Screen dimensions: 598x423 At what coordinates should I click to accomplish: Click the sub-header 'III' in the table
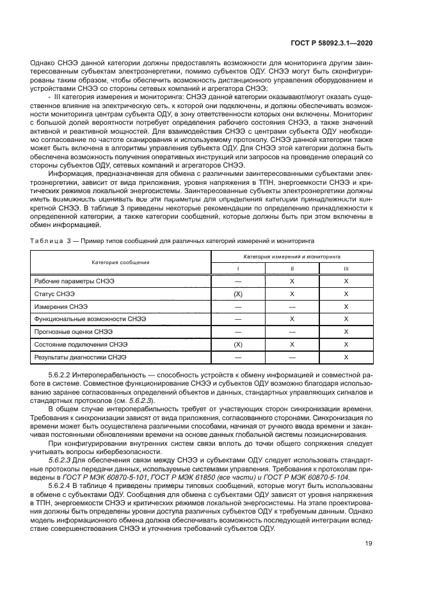(346, 269)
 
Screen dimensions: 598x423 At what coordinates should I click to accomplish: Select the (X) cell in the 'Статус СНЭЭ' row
(238, 294)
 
